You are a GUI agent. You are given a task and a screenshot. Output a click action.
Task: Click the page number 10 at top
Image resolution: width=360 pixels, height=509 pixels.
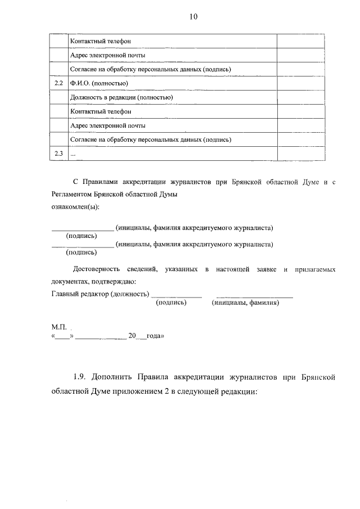(x=193, y=17)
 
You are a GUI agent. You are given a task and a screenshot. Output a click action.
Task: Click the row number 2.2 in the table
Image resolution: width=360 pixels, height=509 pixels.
(x=58, y=83)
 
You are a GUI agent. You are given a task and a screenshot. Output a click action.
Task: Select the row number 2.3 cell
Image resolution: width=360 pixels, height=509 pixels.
(x=58, y=153)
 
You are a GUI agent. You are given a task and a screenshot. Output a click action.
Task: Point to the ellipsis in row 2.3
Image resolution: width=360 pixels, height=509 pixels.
(x=72, y=154)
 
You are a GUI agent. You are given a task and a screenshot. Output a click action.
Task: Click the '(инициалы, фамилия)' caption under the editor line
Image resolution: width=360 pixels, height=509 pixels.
(x=245, y=303)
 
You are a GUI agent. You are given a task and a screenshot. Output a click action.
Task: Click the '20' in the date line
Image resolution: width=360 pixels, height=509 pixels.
(x=133, y=336)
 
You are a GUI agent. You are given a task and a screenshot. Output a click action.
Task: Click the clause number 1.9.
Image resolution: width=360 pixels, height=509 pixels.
(x=80, y=375)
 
